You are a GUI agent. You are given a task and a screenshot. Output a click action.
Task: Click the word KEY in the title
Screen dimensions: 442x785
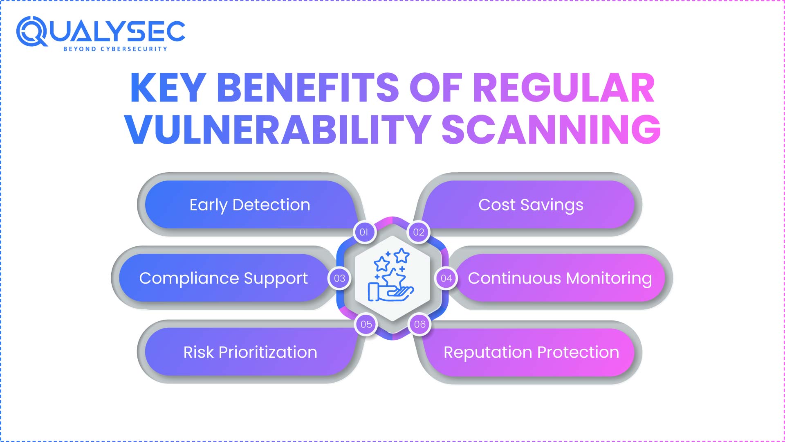pyautogui.click(x=168, y=88)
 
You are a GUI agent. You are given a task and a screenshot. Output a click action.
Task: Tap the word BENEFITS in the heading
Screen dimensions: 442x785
pyautogui.click(x=307, y=88)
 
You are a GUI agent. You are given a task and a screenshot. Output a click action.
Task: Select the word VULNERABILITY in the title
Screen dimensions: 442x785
pyautogui.click(x=278, y=130)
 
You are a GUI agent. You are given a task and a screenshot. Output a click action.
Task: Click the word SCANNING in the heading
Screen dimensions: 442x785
pyautogui.click(x=551, y=130)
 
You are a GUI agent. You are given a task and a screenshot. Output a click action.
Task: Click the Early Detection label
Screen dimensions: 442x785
pyautogui.click(x=250, y=205)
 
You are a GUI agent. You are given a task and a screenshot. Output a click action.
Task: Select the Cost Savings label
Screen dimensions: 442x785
pyautogui.click(x=531, y=205)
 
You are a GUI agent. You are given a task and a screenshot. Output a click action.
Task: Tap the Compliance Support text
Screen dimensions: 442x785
pyautogui.click(x=223, y=278)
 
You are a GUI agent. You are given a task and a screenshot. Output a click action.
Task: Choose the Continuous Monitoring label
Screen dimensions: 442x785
pyautogui.click(x=560, y=278)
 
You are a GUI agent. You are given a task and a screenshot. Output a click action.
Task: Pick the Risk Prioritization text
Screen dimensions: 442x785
pyautogui.click(x=250, y=352)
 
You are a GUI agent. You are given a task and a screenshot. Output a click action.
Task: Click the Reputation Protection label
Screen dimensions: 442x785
pyautogui.click(x=531, y=352)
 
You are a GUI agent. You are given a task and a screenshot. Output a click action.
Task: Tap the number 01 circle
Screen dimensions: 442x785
pyautogui.click(x=364, y=232)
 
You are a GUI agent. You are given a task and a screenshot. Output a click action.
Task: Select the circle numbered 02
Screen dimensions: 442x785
pyautogui.click(x=418, y=232)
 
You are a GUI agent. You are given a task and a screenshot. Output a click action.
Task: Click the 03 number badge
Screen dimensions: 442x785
pyautogui.click(x=339, y=278)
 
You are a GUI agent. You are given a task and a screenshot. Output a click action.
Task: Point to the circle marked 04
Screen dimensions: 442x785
pyautogui.click(x=446, y=278)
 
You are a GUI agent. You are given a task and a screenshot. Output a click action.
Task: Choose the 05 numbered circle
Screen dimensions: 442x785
pyautogui.click(x=366, y=325)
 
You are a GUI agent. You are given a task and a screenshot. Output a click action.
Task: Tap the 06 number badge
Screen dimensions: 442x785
pyautogui.click(x=419, y=325)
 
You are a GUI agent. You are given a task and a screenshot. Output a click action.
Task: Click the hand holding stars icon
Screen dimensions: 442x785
pyautogui.click(x=392, y=276)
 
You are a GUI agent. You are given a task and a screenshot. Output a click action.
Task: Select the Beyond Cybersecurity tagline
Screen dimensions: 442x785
pyautogui.click(x=115, y=49)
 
